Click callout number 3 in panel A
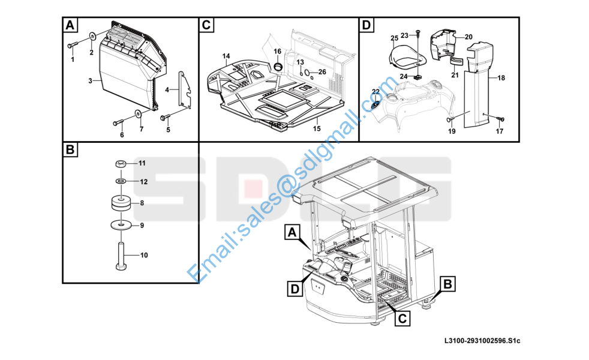click(x=90, y=81)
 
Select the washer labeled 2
click(x=92, y=36)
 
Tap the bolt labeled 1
click(x=72, y=45)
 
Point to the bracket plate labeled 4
click(x=185, y=89)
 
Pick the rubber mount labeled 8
click(x=121, y=203)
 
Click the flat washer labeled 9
click(x=121, y=225)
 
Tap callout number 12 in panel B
click(x=144, y=182)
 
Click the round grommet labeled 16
click(x=278, y=67)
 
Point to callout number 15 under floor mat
click(x=317, y=128)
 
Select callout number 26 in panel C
click(x=322, y=72)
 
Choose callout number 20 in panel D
click(x=468, y=37)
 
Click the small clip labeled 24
click(x=417, y=77)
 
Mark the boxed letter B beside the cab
click(x=447, y=284)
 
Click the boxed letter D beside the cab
click(x=295, y=289)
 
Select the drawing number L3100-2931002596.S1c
click(x=482, y=341)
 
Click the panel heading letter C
click(x=206, y=25)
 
